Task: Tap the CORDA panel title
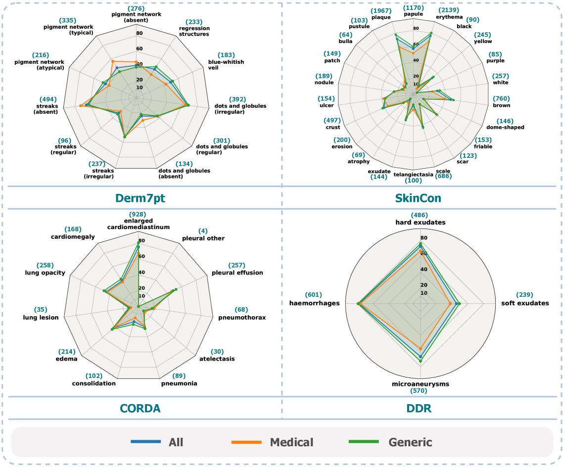click(140, 408)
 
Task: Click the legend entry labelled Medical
click(291, 442)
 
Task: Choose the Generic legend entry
click(410, 442)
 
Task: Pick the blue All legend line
click(146, 441)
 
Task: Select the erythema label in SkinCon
click(449, 17)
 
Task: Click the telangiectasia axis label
click(414, 174)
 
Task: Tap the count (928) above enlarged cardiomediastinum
click(139, 214)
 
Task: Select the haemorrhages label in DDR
click(314, 303)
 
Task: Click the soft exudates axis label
click(525, 303)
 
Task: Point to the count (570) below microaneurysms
click(421, 391)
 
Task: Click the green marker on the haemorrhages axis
click(358, 303)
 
